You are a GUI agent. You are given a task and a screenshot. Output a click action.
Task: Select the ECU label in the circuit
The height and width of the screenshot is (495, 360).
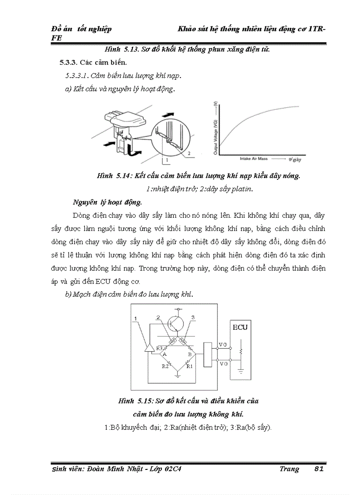pyautogui.click(x=240, y=328)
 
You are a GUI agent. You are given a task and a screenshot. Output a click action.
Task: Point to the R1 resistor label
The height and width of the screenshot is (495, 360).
pyautogui.click(x=189, y=366)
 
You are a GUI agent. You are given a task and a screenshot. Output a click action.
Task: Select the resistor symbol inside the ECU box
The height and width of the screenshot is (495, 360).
pyautogui.click(x=241, y=351)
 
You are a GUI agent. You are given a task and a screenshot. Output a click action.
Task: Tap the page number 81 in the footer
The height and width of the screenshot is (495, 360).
pyautogui.click(x=319, y=469)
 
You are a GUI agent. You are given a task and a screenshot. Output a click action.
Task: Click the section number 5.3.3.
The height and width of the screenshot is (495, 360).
pyautogui.click(x=69, y=62)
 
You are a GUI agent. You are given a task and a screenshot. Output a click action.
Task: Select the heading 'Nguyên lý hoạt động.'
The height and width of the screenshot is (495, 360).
pyautogui.click(x=108, y=203)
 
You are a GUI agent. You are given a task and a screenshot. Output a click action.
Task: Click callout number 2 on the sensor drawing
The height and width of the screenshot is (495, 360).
pyautogui.click(x=188, y=153)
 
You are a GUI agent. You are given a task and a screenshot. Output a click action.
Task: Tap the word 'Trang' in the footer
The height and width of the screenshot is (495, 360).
pyautogui.click(x=289, y=469)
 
